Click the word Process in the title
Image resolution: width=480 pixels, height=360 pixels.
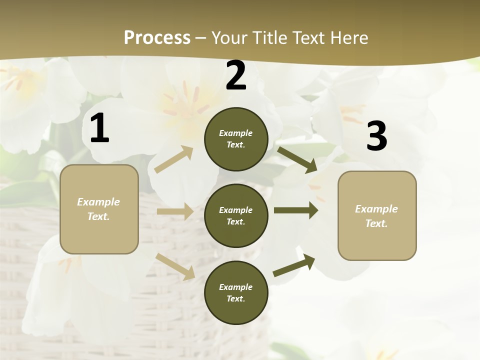(157, 37)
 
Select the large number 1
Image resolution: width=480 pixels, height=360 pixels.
(99, 128)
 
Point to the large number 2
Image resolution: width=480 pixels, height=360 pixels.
(236, 76)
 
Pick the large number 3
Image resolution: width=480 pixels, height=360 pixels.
(376, 136)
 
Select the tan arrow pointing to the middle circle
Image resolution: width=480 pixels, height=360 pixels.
(175, 211)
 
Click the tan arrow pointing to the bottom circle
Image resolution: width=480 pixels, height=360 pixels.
(175, 266)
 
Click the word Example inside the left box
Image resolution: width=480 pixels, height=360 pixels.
(98, 202)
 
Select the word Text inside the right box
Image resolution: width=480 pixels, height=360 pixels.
(376, 223)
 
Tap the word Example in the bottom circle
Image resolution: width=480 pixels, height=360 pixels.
(236, 287)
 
